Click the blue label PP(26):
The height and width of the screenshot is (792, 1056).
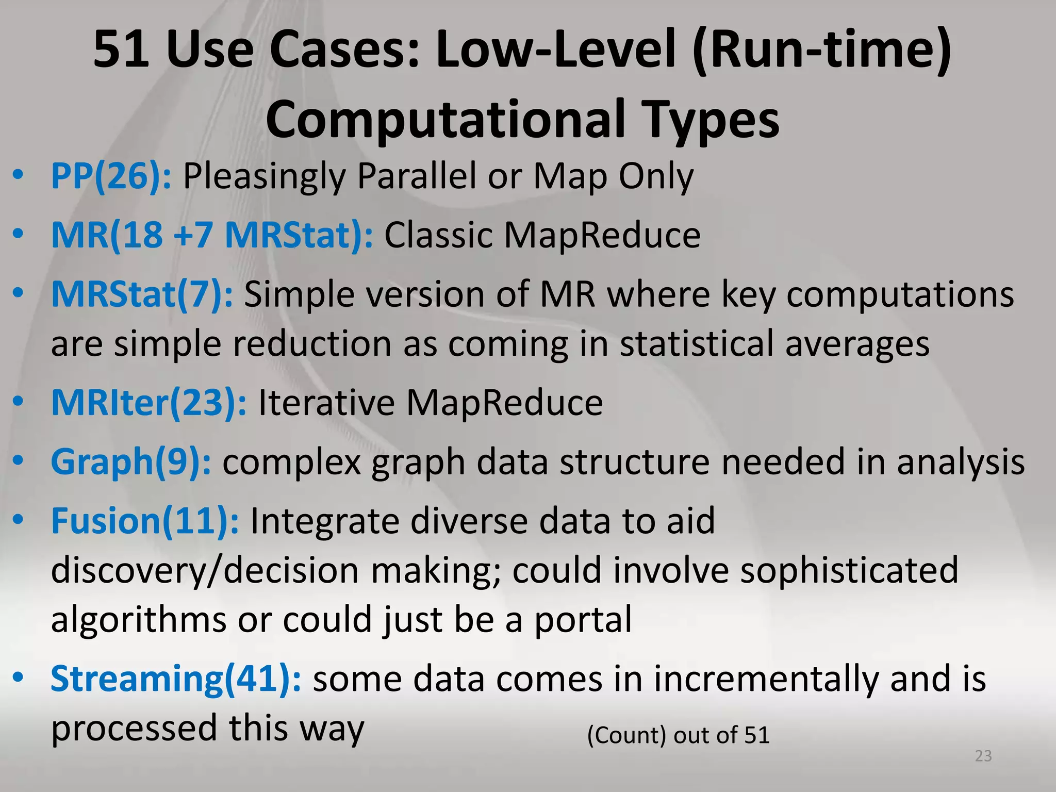[111, 177]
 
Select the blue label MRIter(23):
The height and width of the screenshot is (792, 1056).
[148, 403]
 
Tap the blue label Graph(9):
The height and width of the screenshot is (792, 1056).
[130, 462]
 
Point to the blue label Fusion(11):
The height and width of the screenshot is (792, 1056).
[144, 521]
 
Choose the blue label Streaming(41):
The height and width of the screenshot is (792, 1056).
[175, 679]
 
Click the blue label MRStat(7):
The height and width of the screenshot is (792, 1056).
[142, 294]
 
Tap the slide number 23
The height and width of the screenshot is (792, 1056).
[983, 756]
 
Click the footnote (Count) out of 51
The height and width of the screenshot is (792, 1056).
[678, 735]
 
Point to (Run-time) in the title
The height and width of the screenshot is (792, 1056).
[822, 50]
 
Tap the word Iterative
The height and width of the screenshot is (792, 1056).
[326, 403]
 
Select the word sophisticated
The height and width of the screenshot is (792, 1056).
[849, 571]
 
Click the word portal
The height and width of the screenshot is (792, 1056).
[583, 620]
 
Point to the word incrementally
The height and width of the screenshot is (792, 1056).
[766, 679]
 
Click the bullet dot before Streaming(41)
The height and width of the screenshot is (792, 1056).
[19, 677]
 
